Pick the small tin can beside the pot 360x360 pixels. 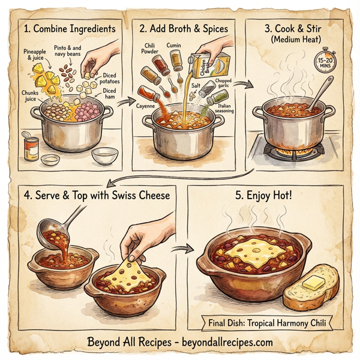click(31, 146)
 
